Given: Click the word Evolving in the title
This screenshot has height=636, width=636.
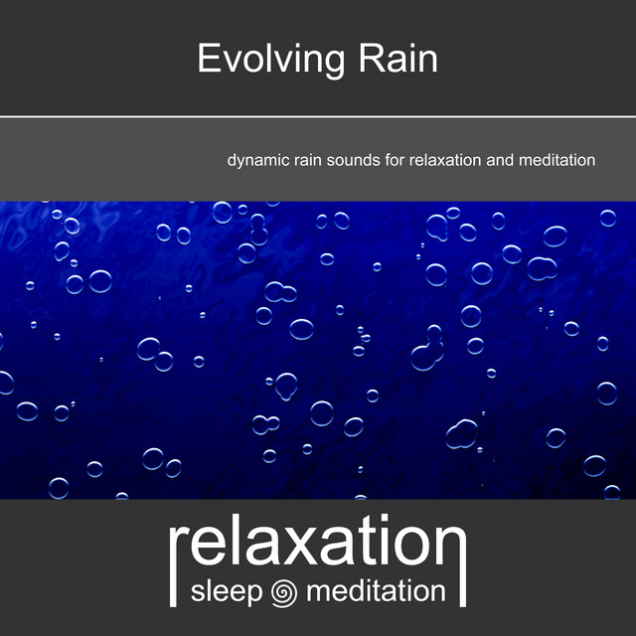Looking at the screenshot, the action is click(x=271, y=60).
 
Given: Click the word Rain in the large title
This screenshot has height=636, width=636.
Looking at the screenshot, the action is click(x=397, y=59).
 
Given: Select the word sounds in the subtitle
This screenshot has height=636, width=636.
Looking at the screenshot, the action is click(x=354, y=160).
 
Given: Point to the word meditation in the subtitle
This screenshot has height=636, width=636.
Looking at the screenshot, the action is click(x=556, y=160).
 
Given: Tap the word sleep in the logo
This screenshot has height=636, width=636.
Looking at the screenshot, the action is click(x=227, y=592).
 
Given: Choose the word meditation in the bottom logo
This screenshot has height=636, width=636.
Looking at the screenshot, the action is click(x=376, y=591).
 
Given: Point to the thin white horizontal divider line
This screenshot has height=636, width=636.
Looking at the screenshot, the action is click(x=318, y=117).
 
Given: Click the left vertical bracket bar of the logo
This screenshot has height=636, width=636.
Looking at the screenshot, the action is click(x=173, y=567).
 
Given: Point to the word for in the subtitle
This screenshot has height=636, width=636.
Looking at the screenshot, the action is click(x=395, y=160).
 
